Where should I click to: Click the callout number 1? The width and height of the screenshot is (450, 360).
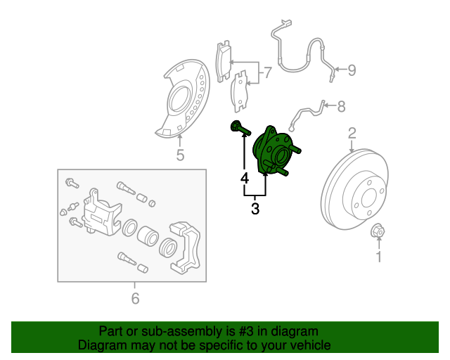pos(379,257)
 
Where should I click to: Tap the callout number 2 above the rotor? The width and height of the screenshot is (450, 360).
pos(352,134)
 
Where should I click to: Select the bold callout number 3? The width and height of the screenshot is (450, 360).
pos(255,208)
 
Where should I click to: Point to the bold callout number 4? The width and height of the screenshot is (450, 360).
pos(245,179)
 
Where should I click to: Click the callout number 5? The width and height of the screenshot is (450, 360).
pos(180,155)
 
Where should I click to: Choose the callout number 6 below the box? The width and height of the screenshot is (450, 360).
pos(135,298)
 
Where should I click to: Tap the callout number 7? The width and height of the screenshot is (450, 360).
pos(267,72)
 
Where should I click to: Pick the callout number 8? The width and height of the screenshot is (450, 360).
pos(341,106)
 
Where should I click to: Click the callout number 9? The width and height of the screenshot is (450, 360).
pos(352,70)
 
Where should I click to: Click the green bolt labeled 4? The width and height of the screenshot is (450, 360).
pos(240,129)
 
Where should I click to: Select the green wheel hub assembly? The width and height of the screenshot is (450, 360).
pos(276,151)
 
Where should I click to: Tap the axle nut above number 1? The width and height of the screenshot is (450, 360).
pos(378,231)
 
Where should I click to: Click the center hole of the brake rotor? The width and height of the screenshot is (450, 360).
pos(368,199)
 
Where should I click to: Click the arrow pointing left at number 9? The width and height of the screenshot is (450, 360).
pos(340,69)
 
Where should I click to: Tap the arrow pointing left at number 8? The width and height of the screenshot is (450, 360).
pos(330,105)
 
